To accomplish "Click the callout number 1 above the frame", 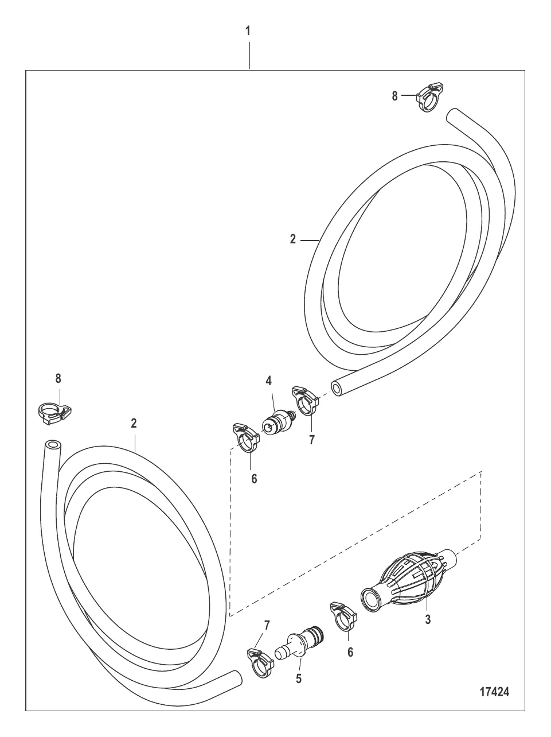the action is point(248,31).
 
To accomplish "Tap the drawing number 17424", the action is point(495,692).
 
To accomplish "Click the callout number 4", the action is point(269,381).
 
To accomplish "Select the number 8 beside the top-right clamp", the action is point(394,96).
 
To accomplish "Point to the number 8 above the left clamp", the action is point(58,378).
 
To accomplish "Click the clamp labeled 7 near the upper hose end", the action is point(305,401).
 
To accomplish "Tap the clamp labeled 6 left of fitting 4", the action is point(246,438).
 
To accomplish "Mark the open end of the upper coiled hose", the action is point(336,389).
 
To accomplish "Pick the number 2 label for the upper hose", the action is point(293,239).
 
